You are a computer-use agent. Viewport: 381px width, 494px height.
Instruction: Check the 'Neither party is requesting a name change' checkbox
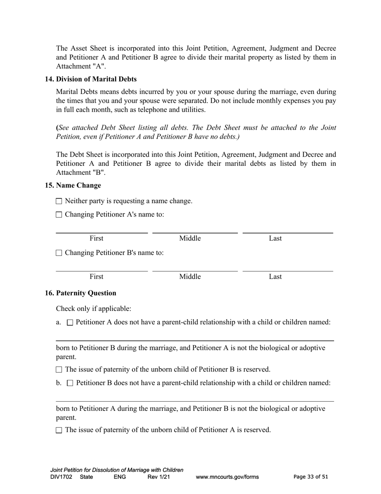59,201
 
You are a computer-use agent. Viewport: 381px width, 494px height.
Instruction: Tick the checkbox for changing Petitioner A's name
59,215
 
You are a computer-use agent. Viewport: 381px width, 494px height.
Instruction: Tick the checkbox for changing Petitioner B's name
59,253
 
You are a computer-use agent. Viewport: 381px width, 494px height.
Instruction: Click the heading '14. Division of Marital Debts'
91,79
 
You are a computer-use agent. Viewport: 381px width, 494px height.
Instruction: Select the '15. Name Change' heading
73,186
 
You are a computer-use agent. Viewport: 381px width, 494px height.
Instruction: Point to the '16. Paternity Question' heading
81,293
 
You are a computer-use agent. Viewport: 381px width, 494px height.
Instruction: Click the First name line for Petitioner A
101,230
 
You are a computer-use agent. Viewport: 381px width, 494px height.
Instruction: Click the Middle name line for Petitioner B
195,268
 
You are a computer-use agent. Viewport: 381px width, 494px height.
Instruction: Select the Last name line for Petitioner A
288,230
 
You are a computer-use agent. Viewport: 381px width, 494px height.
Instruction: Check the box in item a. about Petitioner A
70,323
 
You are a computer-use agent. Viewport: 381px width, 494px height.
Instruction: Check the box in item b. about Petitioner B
70,383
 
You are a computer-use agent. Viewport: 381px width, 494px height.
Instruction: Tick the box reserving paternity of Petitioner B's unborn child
59,369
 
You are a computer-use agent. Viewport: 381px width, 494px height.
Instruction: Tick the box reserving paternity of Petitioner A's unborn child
59,430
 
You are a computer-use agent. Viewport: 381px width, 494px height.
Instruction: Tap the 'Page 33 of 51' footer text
311,477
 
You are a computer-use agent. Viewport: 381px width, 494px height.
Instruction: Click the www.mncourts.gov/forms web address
227,477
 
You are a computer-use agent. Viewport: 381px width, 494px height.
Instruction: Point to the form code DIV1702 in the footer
61,477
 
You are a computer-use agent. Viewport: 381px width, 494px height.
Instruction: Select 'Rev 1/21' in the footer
159,477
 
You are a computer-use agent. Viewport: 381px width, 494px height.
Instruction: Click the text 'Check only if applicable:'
93,309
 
